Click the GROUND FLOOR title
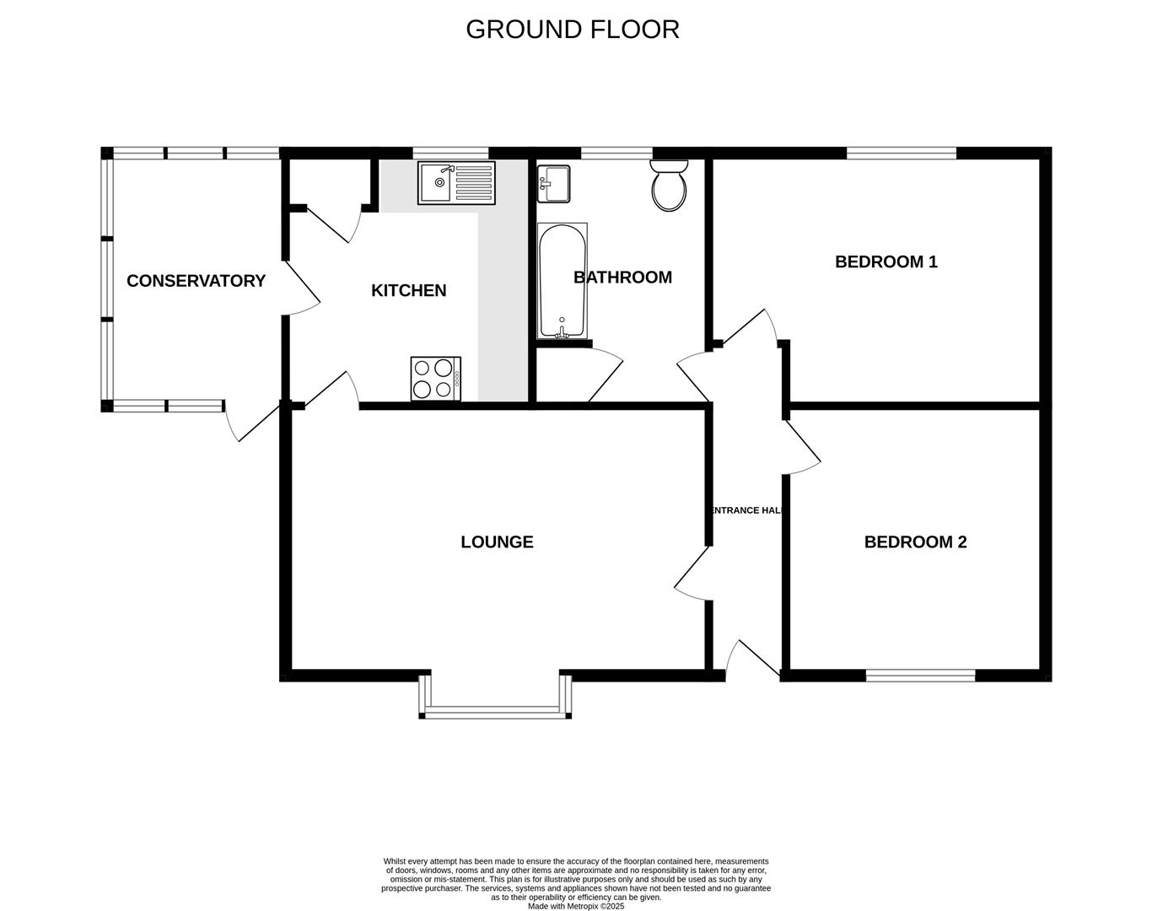pos(572,30)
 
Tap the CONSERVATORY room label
pos(196,281)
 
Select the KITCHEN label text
pos(408,290)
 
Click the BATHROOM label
pos(622,277)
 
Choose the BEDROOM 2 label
pos(915,542)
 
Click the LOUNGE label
pos(497,542)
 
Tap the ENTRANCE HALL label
pos(747,510)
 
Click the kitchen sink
pos(455,182)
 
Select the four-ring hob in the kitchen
pos(435,378)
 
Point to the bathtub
pos(562,281)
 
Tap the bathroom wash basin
pos(553,183)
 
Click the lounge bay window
pos(495,711)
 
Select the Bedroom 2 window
pos(920,675)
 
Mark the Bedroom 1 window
pos(901,153)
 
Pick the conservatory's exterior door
pos(251,421)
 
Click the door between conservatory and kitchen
pos(301,289)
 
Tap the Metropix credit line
pos(575,906)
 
